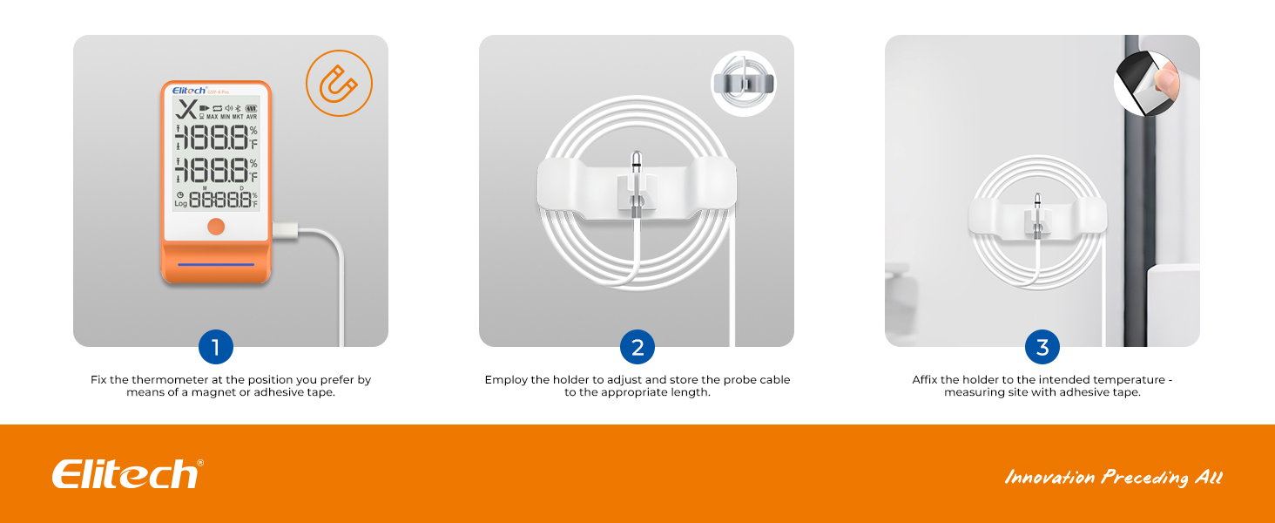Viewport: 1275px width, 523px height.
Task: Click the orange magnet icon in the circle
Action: click(x=339, y=83)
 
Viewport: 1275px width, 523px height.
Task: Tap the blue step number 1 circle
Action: click(x=216, y=347)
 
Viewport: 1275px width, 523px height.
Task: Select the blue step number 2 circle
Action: click(x=637, y=347)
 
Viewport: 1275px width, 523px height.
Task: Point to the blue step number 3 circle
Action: click(x=1042, y=347)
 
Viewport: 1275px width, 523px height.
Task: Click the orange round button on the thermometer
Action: click(x=216, y=226)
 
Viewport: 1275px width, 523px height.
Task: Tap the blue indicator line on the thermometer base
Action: click(x=216, y=264)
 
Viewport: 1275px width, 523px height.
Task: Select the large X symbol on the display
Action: click(x=186, y=109)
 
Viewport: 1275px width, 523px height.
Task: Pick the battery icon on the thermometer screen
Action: click(x=251, y=108)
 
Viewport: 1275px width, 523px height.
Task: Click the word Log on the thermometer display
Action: click(x=180, y=203)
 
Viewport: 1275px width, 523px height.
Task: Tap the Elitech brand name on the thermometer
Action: click(x=189, y=91)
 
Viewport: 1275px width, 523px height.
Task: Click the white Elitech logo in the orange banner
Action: click(x=127, y=474)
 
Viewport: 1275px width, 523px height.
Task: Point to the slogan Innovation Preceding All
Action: click(x=1113, y=478)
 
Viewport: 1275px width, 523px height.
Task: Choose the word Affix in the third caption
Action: click(x=924, y=379)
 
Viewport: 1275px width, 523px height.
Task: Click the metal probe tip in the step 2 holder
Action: click(x=637, y=163)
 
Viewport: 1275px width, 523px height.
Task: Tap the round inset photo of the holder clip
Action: click(x=744, y=83)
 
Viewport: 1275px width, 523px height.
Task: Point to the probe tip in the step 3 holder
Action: click(x=1037, y=201)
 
